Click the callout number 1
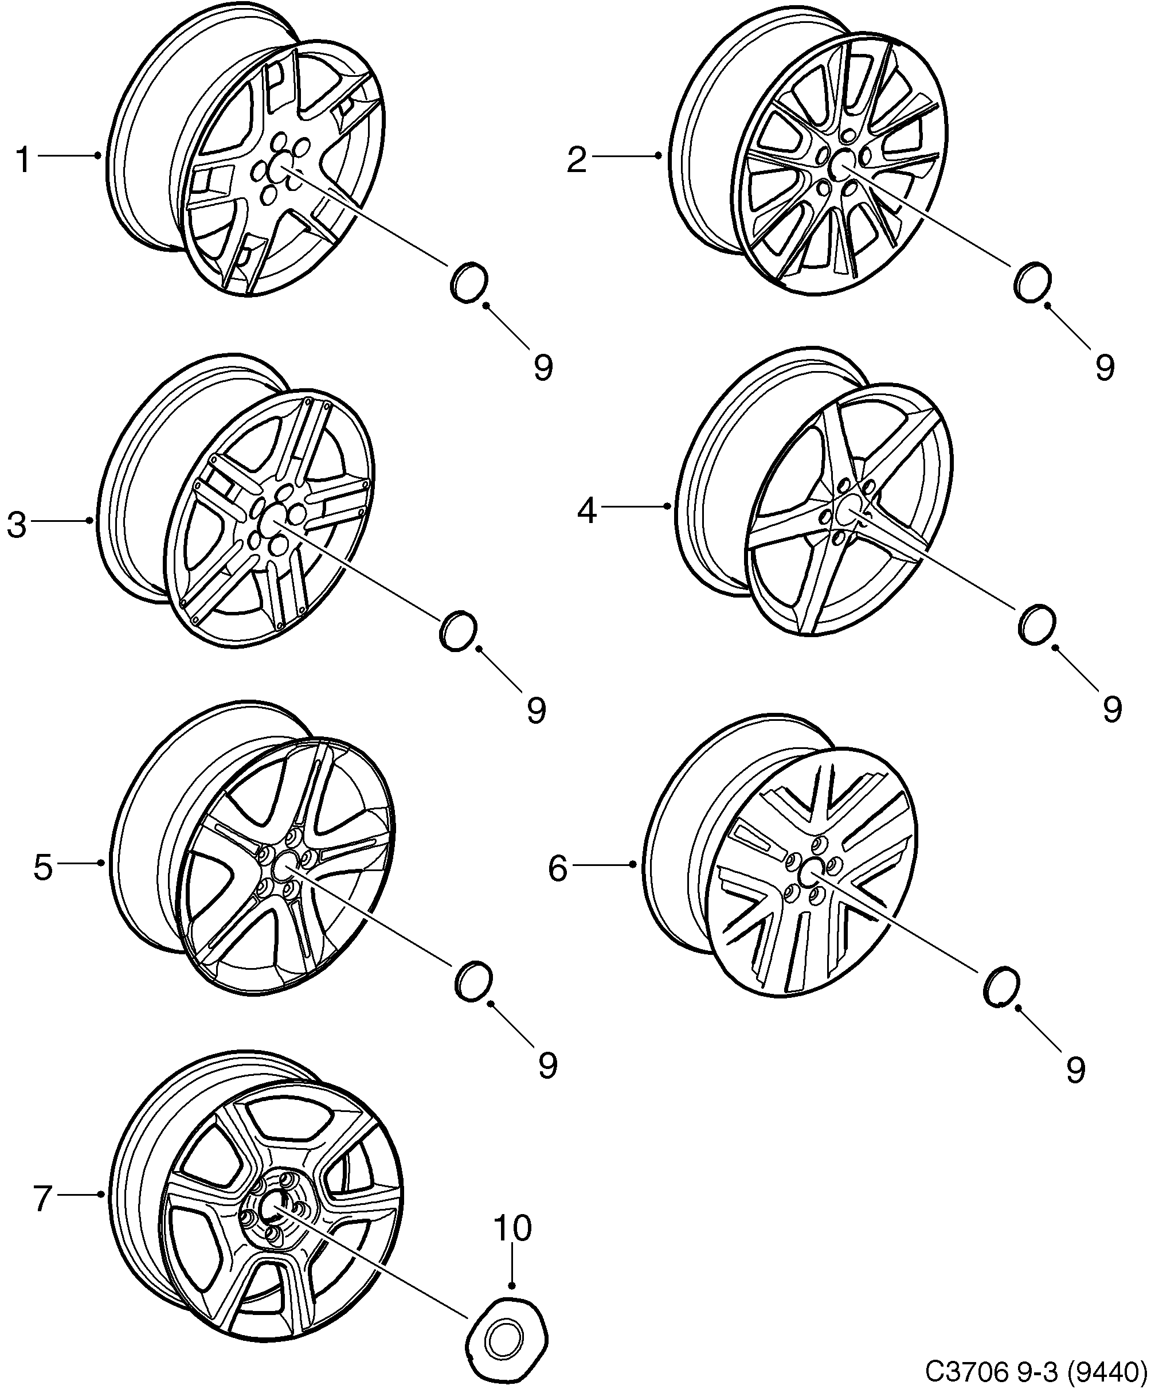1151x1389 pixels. [x=23, y=161]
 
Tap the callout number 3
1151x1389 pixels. [x=17, y=525]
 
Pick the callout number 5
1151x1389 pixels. [x=43, y=867]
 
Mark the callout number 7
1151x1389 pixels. [x=43, y=1199]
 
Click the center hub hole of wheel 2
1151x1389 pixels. [x=842, y=163]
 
